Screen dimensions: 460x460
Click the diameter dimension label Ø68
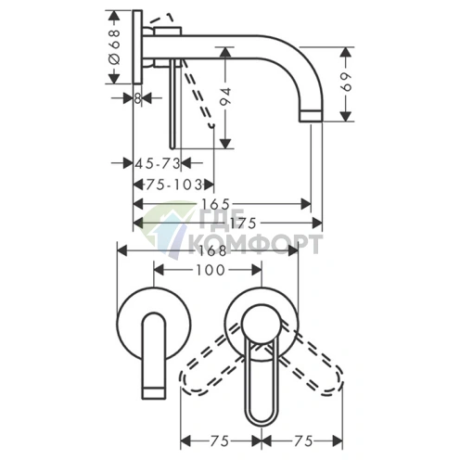(x=115, y=47)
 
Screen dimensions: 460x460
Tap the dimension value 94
(x=226, y=96)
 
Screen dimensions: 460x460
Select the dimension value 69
(x=346, y=82)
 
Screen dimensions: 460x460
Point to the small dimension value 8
(x=138, y=98)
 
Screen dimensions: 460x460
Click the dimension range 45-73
(x=158, y=163)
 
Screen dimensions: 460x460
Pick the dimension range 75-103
(x=174, y=185)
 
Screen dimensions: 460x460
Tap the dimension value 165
(x=216, y=204)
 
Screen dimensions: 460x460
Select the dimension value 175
(x=243, y=223)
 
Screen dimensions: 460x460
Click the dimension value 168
(x=212, y=250)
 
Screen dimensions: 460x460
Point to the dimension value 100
(x=211, y=270)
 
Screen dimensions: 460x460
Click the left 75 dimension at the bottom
(x=220, y=441)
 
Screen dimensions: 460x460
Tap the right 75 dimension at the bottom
(x=303, y=441)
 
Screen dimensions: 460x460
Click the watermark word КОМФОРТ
(x=259, y=244)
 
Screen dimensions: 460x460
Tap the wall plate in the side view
(x=138, y=47)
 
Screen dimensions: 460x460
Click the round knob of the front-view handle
(x=262, y=325)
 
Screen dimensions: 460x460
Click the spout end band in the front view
(x=153, y=392)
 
